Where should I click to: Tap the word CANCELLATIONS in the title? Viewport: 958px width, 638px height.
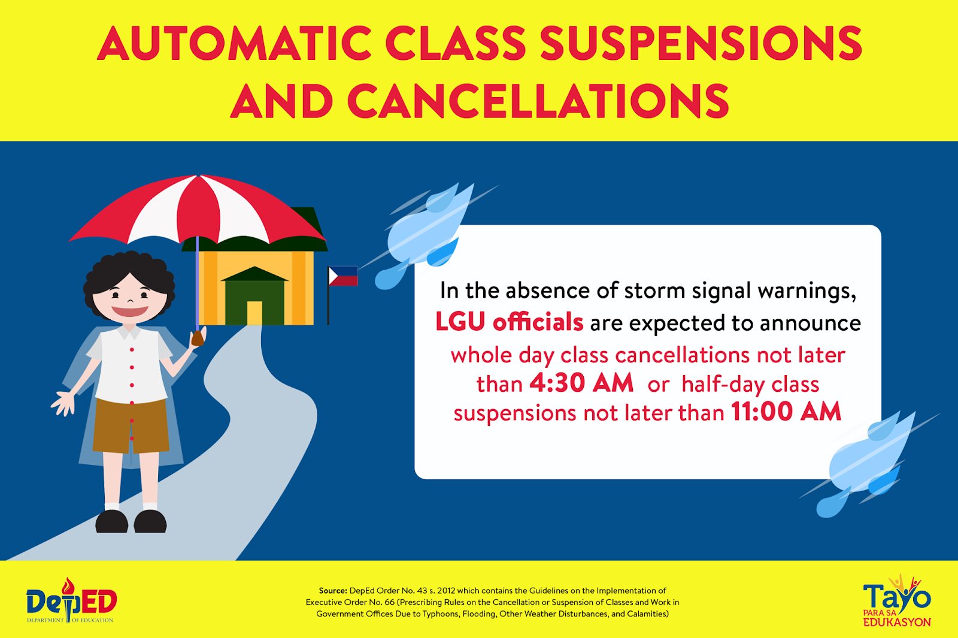[538, 101]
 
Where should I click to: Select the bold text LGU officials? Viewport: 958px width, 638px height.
[510, 322]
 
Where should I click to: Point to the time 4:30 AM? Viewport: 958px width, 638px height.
[581, 383]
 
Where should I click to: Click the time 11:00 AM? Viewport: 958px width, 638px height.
[786, 412]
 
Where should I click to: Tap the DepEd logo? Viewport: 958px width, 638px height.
[71, 600]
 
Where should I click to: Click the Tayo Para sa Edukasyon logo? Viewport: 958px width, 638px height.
[896, 600]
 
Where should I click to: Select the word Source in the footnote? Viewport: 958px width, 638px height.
[333, 591]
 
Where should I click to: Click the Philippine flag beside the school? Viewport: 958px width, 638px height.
[343, 276]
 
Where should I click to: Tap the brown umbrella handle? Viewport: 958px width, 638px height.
[198, 338]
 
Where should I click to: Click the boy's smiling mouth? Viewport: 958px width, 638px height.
[129, 311]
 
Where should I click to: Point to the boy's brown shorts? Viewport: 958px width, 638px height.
[131, 426]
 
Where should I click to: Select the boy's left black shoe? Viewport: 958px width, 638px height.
[111, 521]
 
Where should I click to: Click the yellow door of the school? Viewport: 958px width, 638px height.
[254, 313]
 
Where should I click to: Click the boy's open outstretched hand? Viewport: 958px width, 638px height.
[63, 403]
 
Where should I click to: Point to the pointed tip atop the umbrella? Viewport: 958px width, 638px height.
[198, 174]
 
